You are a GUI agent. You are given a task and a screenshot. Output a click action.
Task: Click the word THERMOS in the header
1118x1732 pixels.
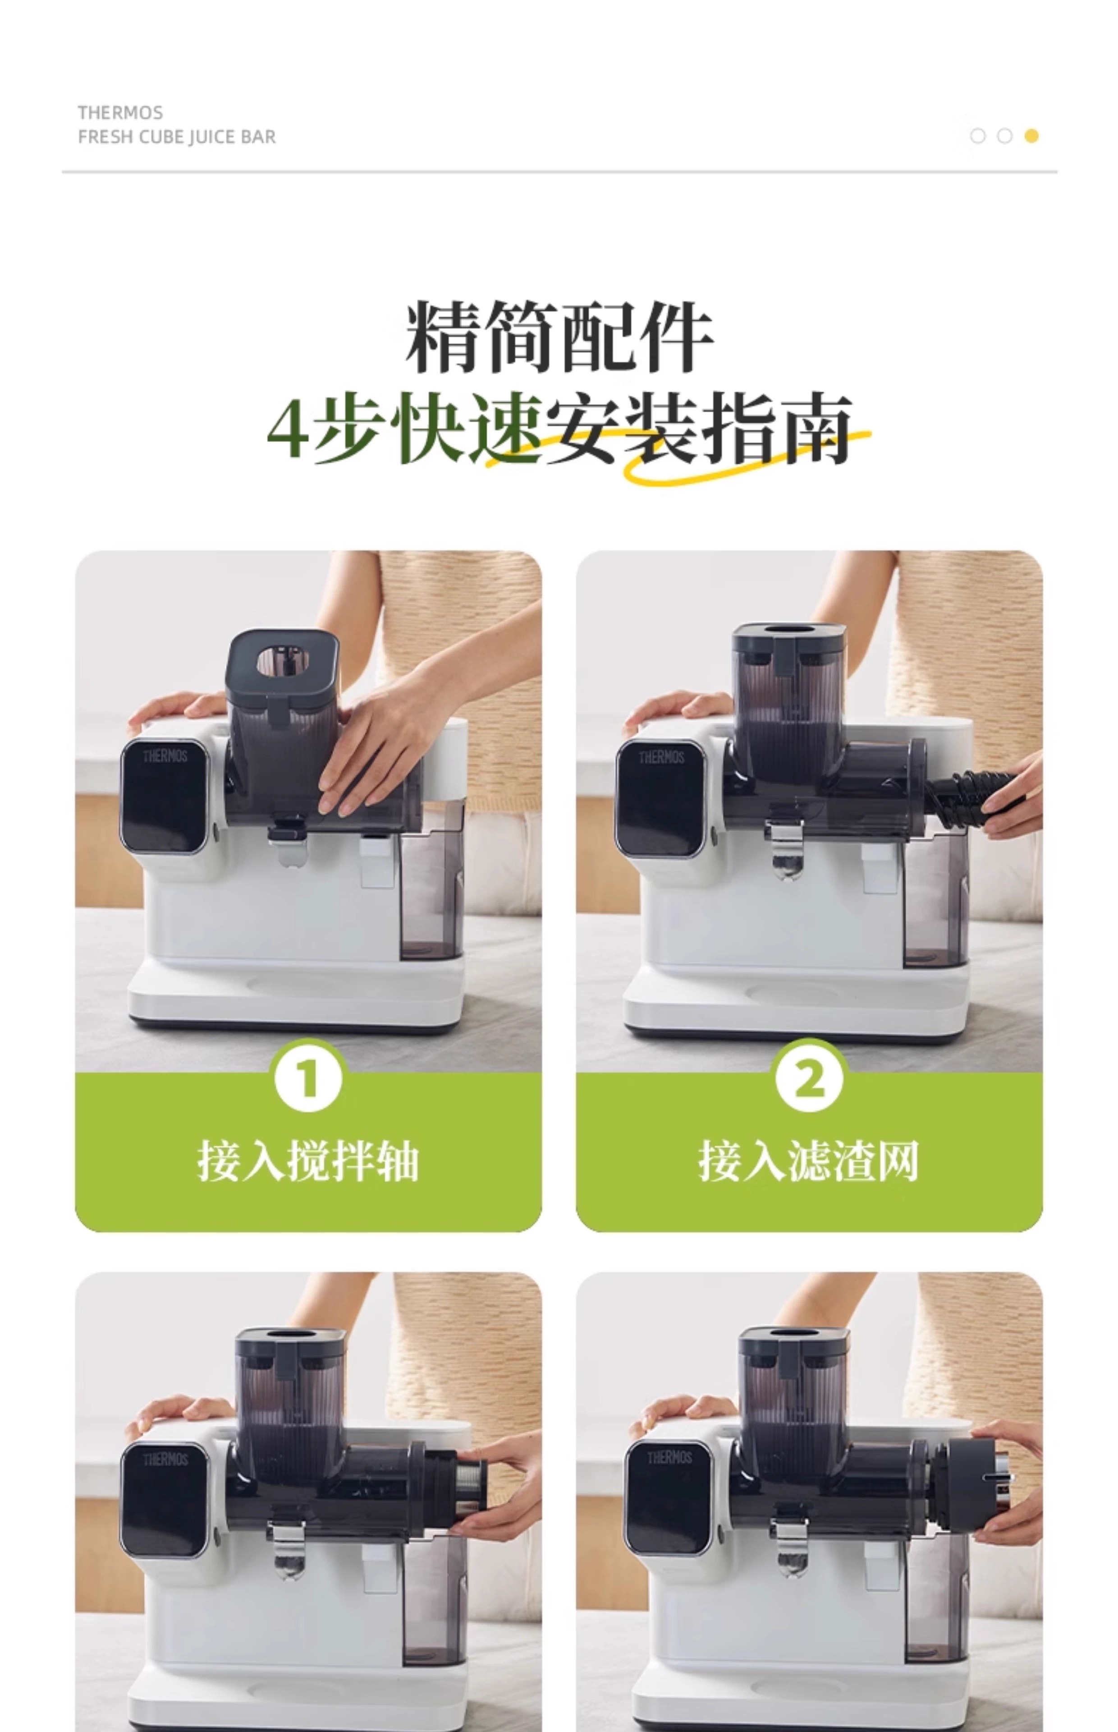[x=120, y=113]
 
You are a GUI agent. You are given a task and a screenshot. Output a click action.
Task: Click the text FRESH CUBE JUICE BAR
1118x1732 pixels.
[x=176, y=137]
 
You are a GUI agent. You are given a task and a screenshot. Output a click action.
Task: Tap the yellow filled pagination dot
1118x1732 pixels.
[x=1031, y=136]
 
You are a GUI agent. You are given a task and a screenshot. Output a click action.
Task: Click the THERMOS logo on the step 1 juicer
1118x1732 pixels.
[x=165, y=756]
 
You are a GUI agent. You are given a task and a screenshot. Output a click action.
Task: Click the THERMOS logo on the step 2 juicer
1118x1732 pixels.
[x=661, y=757]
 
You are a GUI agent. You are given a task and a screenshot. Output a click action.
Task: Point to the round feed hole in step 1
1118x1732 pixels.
[x=282, y=660]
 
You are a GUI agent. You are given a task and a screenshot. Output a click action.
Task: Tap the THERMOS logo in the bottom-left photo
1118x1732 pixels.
[x=165, y=1459]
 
